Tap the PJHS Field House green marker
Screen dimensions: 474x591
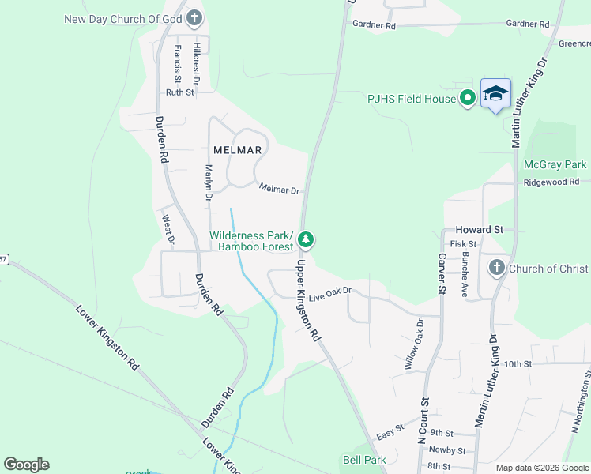[467, 99]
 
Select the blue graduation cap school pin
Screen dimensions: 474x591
[495, 94]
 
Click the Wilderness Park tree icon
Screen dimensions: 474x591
[307, 239]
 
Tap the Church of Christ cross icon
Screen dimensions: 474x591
[497, 269]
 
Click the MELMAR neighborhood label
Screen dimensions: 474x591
[233, 149]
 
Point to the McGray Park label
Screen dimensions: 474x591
[555, 164]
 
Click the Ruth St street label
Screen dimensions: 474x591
[179, 92]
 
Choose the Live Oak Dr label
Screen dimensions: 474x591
[329, 295]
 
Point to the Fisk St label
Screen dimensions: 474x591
[463, 244]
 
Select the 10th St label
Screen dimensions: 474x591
[518, 363]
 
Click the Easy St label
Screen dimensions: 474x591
[390, 435]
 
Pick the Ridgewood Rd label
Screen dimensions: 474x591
[551, 182]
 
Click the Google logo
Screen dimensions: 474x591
[26, 465]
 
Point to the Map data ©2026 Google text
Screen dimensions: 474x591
[541, 468]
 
